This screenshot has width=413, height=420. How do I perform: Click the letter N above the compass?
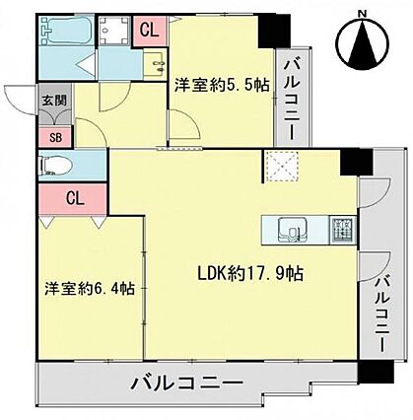click(x=362, y=14)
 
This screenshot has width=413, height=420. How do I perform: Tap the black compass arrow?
click(x=364, y=43)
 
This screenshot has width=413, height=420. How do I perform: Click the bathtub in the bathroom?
click(x=68, y=30)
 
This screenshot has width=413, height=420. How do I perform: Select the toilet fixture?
click(x=55, y=166)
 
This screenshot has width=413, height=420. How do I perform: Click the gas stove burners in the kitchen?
click(x=343, y=230)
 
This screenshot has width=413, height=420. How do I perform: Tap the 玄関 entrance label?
click(x=54, y=100)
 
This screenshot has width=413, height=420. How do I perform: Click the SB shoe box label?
click(x=56, y=138)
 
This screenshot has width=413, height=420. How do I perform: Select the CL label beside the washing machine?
click(x=150, y=31)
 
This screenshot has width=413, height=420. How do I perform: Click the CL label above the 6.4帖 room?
click(x=75, y=198)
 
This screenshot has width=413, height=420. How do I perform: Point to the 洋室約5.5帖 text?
click(x=222, y=86)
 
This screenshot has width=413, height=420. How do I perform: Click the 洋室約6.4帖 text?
click(x=90, y=288)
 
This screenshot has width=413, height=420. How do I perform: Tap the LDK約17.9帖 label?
click(x=250, y=273)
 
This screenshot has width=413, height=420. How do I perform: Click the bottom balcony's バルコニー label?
click(x=188, y=383)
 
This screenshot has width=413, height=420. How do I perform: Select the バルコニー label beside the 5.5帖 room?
click(x=292, y=99)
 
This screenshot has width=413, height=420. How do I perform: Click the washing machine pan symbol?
click(x=114, y=31)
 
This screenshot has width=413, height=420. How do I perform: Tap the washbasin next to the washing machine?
click(x=154, y=64)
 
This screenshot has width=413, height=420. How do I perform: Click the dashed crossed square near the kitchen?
click(x=282, y=167)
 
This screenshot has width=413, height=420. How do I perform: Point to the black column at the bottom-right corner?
click(x=376, y=372)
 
